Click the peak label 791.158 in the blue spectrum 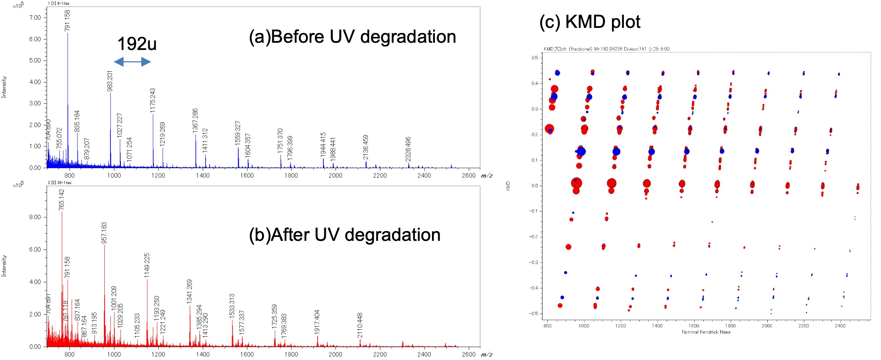click(x=67, y=21)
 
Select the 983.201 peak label click(x=110, y=81)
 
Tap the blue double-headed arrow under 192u click(x=132, y=62)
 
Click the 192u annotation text click(x=137, y=44)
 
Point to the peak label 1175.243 click(x=153, y=100)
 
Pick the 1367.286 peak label click(x=195, y=120)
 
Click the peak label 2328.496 click(x=408, y=149)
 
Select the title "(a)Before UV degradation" click(x=352, y=37)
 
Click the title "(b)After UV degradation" click(x=344, y=235)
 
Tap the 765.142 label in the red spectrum click(x=62, y=200)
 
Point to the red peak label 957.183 click(x=104, y=233)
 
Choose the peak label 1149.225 click(x=147, y=265)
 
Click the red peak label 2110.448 click(x=360, y=325)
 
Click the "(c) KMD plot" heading click(x=590, y=22)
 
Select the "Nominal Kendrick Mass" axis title click(x=706, y=332)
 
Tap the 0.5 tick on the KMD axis click(x=534, y=58)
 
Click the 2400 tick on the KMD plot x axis click(x=840, y=326)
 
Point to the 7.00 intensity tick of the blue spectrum click(x=35, y=18)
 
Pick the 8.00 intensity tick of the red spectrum click(x=35, y=217)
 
